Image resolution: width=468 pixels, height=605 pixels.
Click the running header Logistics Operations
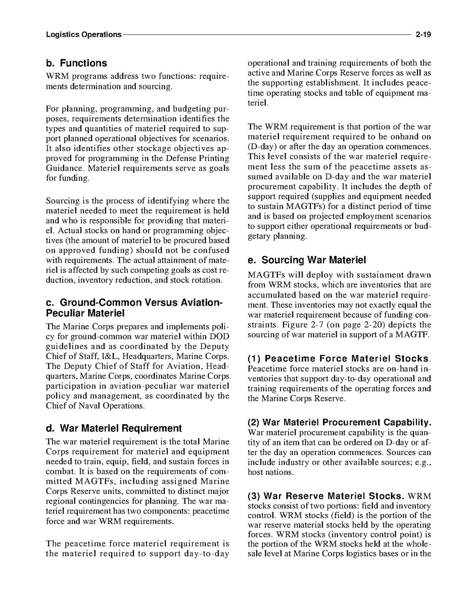point(83,35)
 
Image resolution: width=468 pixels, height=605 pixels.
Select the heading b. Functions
point(76,63)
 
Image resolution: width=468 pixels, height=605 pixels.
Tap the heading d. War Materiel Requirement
point(114,429)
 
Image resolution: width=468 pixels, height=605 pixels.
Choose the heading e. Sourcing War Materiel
point(306,261)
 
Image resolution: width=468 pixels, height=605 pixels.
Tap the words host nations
point(270,472)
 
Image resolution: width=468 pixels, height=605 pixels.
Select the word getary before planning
point(260,236)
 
